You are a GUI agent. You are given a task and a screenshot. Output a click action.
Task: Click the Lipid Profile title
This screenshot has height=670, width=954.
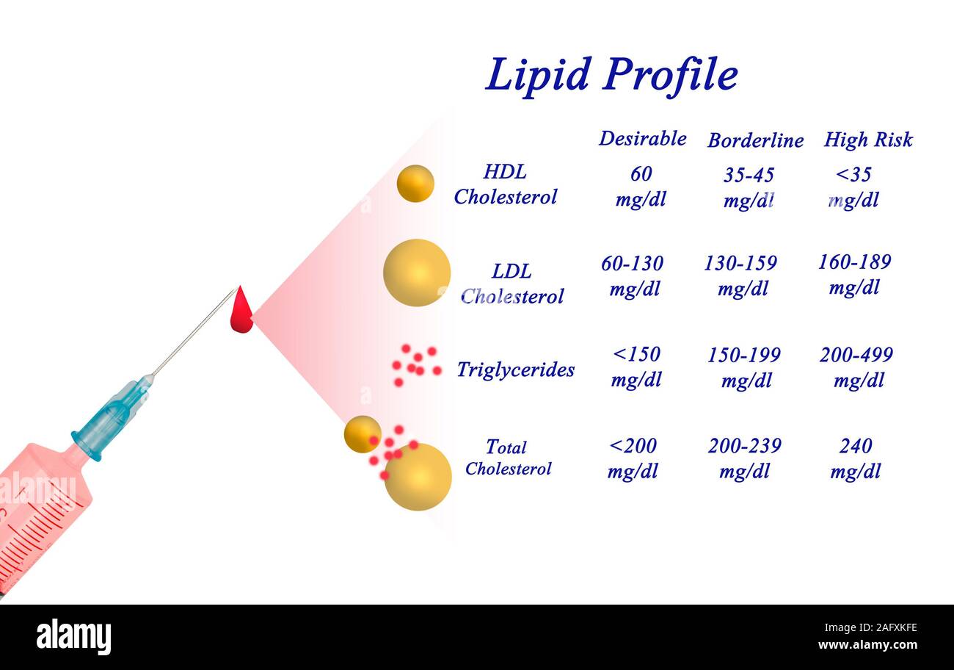pyautogui.click(x=611, y=75)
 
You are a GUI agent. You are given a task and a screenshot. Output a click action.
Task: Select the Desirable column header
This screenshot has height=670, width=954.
pyautogui.click(x=642, y=138)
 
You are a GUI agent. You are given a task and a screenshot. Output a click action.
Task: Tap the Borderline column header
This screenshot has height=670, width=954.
pyautogui.click(x=755, y=140)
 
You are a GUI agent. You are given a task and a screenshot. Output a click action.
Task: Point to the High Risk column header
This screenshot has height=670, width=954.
pyautogui.click(x=867, y=139)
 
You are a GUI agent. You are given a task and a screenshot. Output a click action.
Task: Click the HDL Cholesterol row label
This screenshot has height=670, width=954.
pyautogui.click(x=505, y=184)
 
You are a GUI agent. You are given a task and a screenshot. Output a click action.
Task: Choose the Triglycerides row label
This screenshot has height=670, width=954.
pyautogui.click(x=515, y=370)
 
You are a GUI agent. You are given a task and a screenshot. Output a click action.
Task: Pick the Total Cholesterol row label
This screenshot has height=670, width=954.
pyautogui.click(x=507, y=457)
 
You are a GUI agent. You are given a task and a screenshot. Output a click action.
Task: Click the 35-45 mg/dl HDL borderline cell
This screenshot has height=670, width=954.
pyautogui.click(x=748, y=187)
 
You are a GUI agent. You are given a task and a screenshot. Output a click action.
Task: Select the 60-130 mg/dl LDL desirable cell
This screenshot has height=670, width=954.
pyautogui.click(x=632, y=275)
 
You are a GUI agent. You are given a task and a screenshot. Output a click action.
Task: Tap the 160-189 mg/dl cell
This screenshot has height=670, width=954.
pyautogui.click(x=854, y=274)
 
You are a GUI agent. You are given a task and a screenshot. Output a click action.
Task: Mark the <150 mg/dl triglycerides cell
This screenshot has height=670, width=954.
pyautogui.click(x=636, y=367)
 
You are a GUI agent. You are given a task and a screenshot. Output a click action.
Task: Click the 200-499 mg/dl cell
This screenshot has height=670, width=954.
pyautogui.click(x=856, y=367)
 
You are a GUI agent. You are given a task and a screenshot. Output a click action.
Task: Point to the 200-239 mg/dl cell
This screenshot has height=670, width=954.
pyautogui.click(x=744, y=458)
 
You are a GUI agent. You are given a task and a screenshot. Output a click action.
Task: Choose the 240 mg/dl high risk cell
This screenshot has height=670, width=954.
pyautogui.click(x=856, y=458)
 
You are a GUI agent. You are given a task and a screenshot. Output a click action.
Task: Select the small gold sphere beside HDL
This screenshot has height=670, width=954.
pyautogui.click(x=415, y=184)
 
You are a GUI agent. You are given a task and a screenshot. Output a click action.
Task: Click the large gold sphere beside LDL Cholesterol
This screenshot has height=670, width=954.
pyautogui.click(x=417, y=273)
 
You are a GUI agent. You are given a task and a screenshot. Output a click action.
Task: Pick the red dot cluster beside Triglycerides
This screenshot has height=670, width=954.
pyautogui.click(x=415, y=364)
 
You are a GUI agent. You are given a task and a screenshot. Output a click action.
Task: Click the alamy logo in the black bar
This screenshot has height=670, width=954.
pyautogui.click(x=73, y=637)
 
